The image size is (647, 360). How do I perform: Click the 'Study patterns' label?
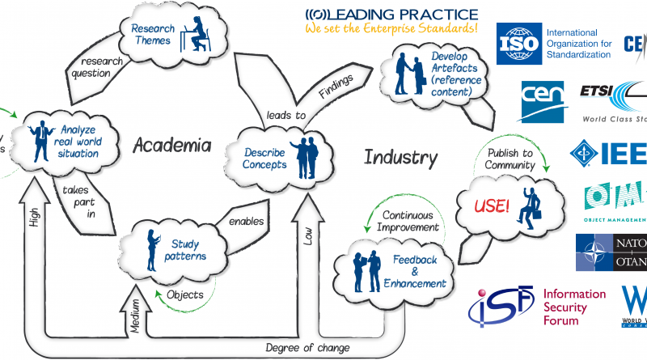tap(188, 250)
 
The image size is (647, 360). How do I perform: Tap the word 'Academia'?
tap(171, 146)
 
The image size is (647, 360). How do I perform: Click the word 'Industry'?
tap(400, 157)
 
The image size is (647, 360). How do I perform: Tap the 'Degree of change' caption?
tap(307, 348)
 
